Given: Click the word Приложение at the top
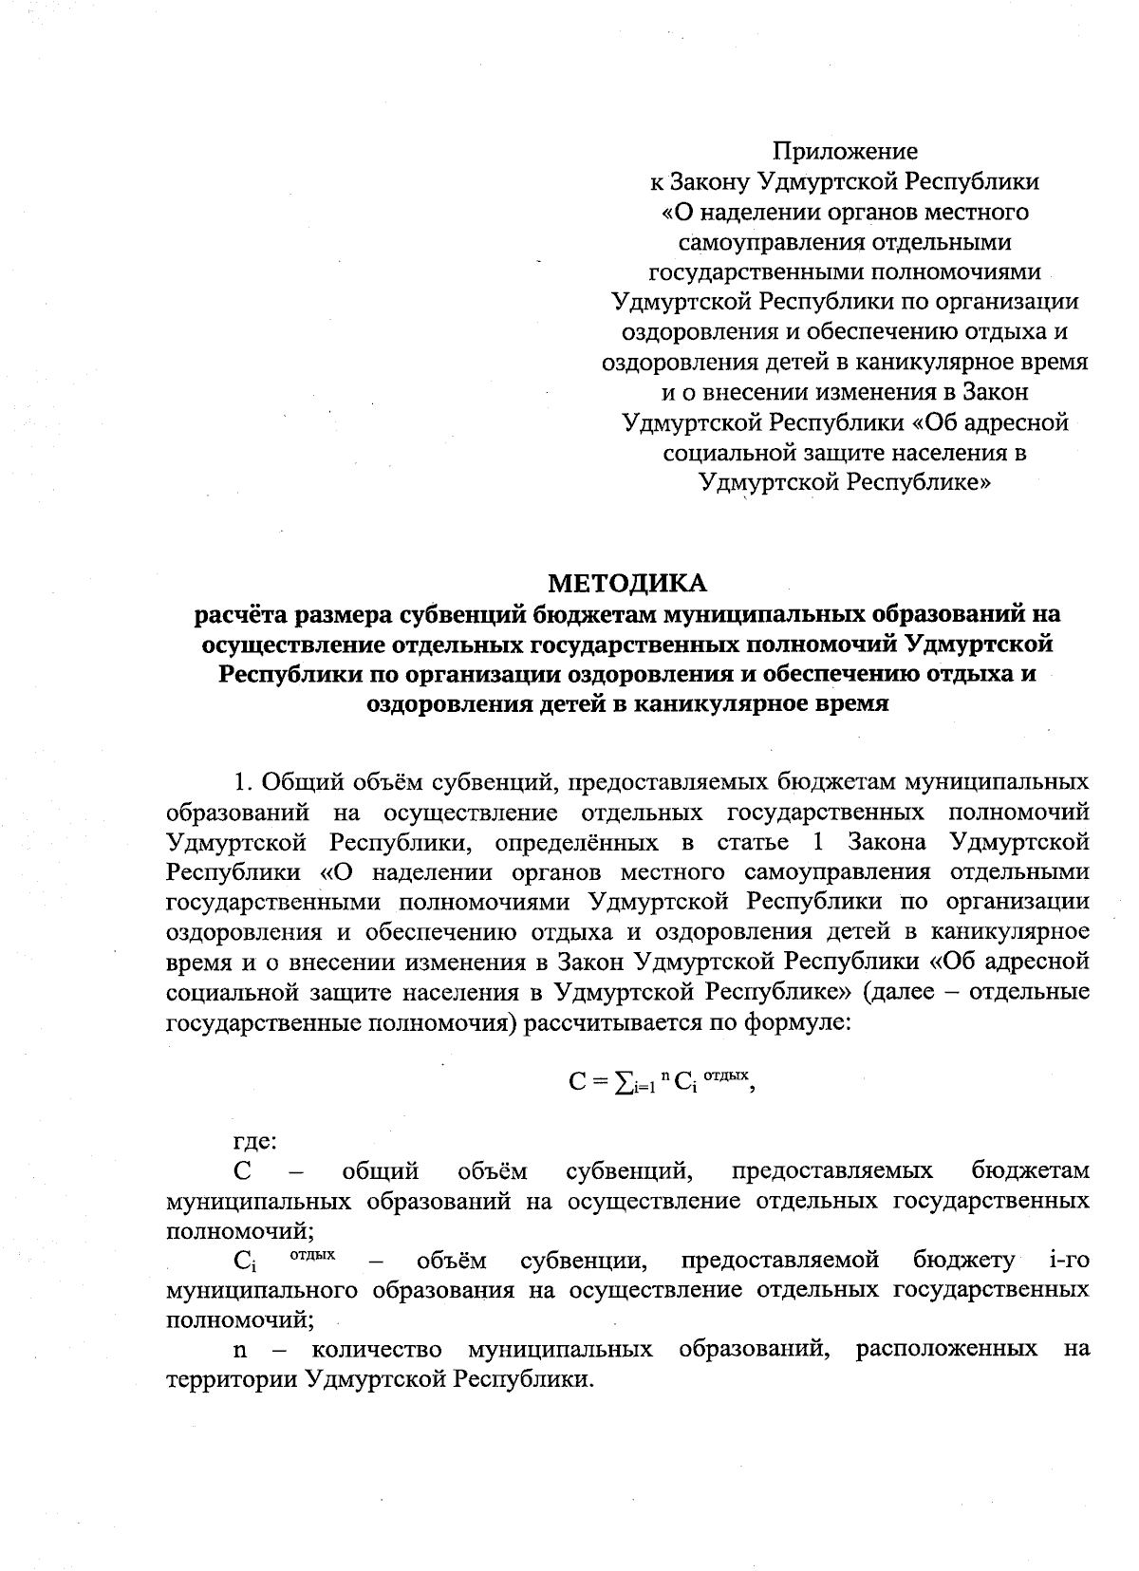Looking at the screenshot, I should tap(845, 151).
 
